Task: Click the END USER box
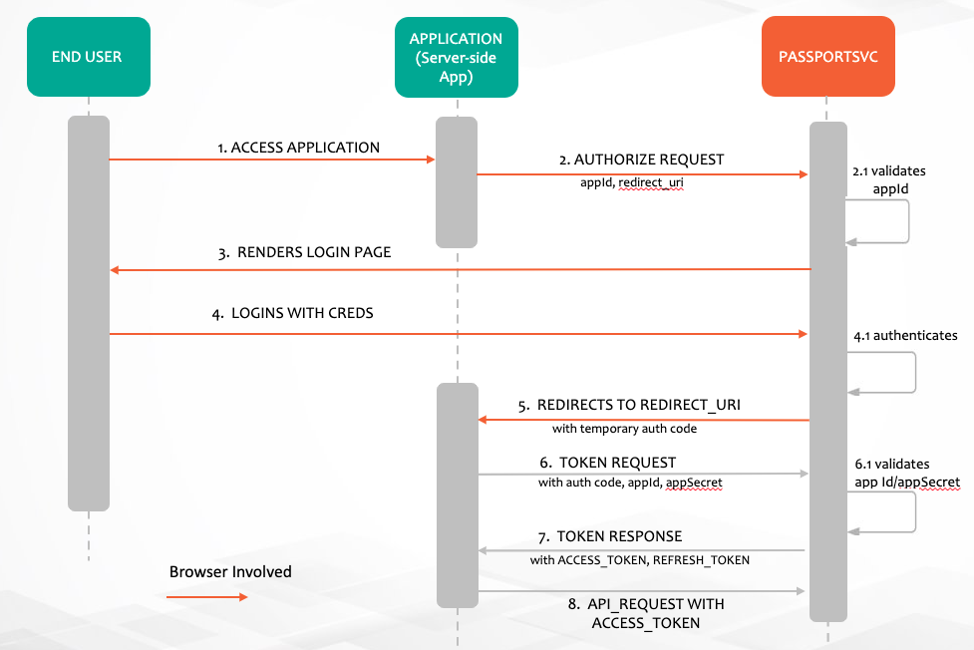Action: (x=88, y=58)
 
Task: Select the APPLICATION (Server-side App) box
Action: (x=456, y=58)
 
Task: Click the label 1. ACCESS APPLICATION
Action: (x=298, y=148)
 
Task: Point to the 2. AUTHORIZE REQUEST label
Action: (x=642, y=160)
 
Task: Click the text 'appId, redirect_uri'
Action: (x=632, y=183)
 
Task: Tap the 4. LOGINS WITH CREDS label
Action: (x=293, y=313)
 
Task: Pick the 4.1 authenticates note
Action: (x=905, y=336)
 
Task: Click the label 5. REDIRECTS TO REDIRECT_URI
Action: (x=629, y=406)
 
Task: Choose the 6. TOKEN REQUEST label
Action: (x=608, y=463)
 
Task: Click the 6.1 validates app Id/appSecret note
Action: (x=906, y=473)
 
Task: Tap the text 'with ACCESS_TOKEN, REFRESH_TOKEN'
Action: (x=639, y=560)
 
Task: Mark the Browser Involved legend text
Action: (x=230, y=572)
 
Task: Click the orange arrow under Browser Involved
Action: (x=206, y=597)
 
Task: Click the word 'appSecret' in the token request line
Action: (x=694, y=483)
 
